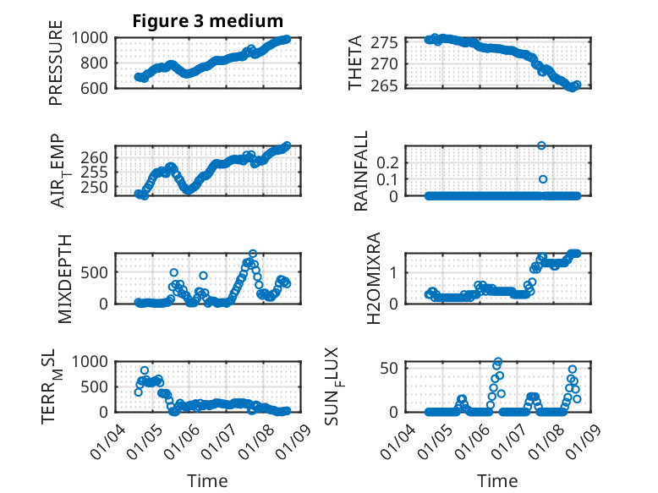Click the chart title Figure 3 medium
tap(207, 21)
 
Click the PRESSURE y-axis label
tap(56, 68)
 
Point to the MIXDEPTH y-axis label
tap(66, 278)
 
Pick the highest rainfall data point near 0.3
tap(541, 145)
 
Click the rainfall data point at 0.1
tap(543, 178)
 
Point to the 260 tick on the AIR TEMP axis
tap(96, 157)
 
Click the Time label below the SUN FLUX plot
tap(497, 481)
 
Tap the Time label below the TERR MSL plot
tap(207, 481)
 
